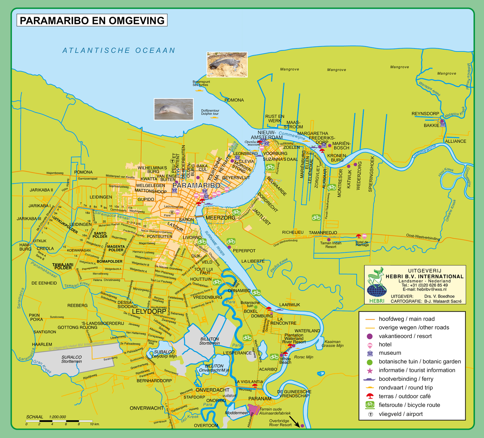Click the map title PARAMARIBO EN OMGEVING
tap(92, 20)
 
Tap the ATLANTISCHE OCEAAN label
tap(119, 50)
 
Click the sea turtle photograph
tap(227, 65)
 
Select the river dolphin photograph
tap(174, 109)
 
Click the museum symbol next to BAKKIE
tap(443, 125)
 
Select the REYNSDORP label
tap(425, 114)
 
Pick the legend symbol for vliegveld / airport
tap(370, 414)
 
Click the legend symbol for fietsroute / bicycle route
tap(370, 405)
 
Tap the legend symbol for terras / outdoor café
tap(370, 396)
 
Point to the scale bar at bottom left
tap(59, 421)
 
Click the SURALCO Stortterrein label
tap(71, 359)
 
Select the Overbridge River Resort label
tap(280, 423)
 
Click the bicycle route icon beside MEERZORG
tap(236, 212)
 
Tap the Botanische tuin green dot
tap(256, 307)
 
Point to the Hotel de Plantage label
tap(362, 243)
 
